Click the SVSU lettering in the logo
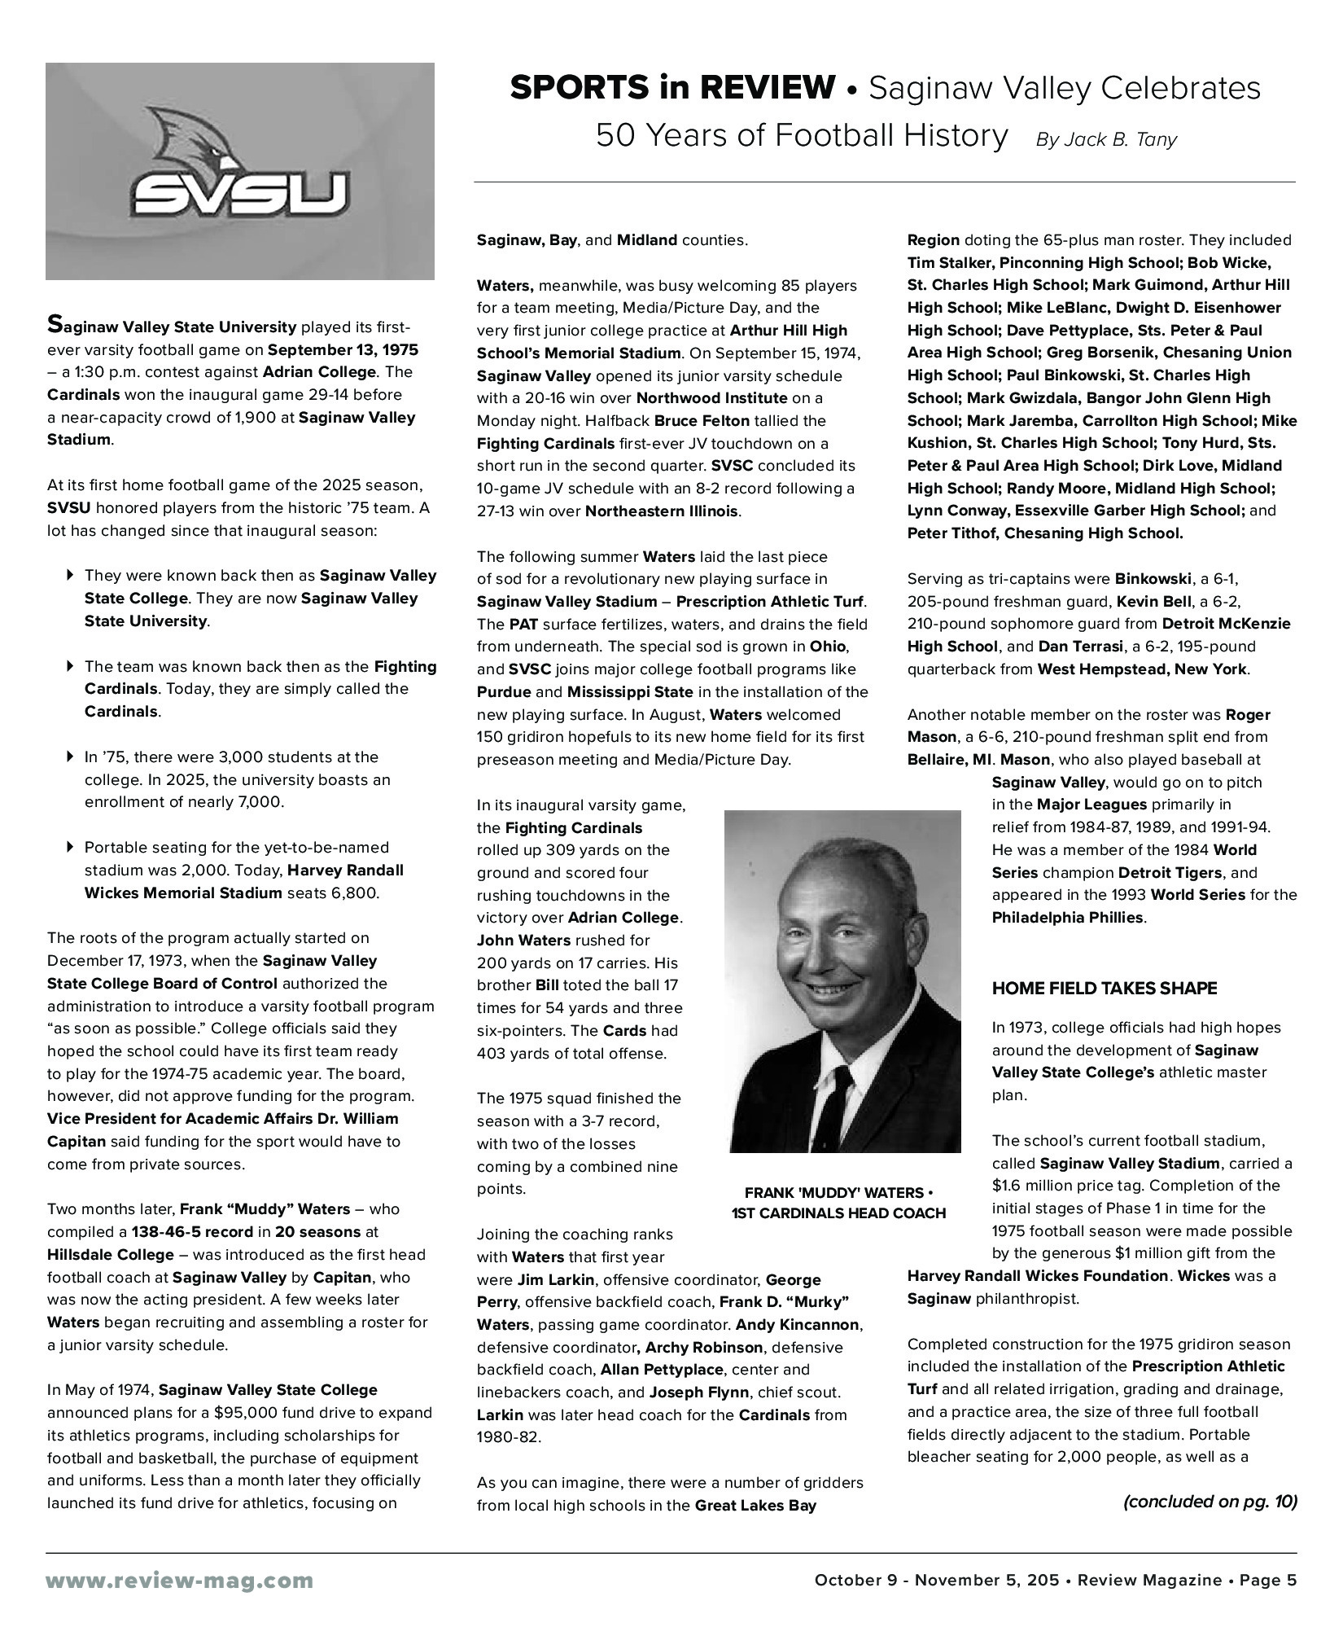point(240,194)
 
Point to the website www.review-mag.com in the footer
point(179,1581)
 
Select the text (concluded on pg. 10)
point(1210,1502)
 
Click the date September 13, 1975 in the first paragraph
point(343,350)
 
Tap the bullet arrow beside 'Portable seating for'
point(70,848)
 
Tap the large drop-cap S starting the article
point(54,325)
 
